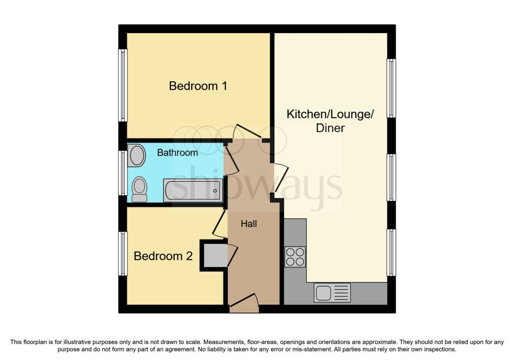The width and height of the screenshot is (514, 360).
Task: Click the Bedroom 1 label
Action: (x=198, y=86)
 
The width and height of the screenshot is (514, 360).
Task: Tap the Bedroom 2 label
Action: (x=163, y=256)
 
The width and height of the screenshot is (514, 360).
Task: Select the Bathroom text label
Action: (x=177, y=153)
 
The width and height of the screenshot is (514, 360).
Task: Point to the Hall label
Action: (x=249, y=224)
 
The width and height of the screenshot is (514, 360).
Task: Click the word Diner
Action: (x=330, y=128)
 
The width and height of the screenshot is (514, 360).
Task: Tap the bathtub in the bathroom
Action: (x=193, y=190)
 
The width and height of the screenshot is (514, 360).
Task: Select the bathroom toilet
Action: (x=140, y=189)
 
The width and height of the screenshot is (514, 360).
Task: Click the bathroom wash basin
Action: (x=137, y=155)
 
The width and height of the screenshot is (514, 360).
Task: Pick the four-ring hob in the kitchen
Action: (x=295, y=257)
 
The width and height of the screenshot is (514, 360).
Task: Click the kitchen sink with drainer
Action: (x=332, y=292)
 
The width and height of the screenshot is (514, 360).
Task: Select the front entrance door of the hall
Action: (x=244, y=303)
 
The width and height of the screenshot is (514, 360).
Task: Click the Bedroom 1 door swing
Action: (x=246, y=132)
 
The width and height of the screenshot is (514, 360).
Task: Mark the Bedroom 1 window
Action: (x=122, y=85)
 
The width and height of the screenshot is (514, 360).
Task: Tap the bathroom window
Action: (x=122, y=173)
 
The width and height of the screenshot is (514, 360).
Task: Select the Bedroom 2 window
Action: (x=122, y=254)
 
